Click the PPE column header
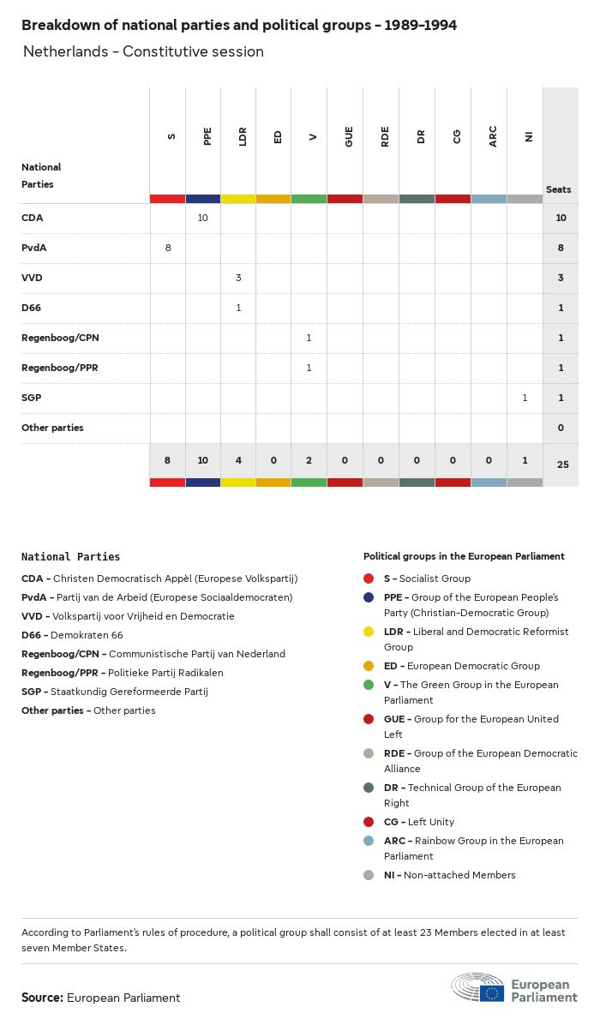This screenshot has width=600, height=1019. (x=207, y=136)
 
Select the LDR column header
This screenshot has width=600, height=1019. (x=243, y=136)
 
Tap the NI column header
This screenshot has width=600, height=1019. (x=529, y=136)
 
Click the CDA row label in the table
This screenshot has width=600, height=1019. (x=32, y=218)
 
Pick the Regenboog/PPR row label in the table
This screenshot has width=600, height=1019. (x=60, y=368)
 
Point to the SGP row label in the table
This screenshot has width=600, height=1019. (x=31, y=398)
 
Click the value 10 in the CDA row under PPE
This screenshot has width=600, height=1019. (x=203, y=218)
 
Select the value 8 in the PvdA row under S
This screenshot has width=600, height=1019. (x=167, y=248)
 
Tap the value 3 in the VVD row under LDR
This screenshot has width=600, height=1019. (x=238, y=278)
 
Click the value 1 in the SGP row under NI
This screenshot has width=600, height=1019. (x=525, y=398)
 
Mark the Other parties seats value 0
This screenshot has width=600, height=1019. (x=561, y=428)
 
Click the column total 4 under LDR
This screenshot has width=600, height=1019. (x=238, y=460)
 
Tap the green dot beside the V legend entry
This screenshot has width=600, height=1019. (x=369, y=685)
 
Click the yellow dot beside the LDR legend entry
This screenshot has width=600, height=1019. (x=369, y=632)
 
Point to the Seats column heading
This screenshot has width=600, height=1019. (x=559, y=189)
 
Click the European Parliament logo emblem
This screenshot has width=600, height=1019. (x=491, y=992)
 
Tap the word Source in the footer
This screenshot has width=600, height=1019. (x=42, y=998)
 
